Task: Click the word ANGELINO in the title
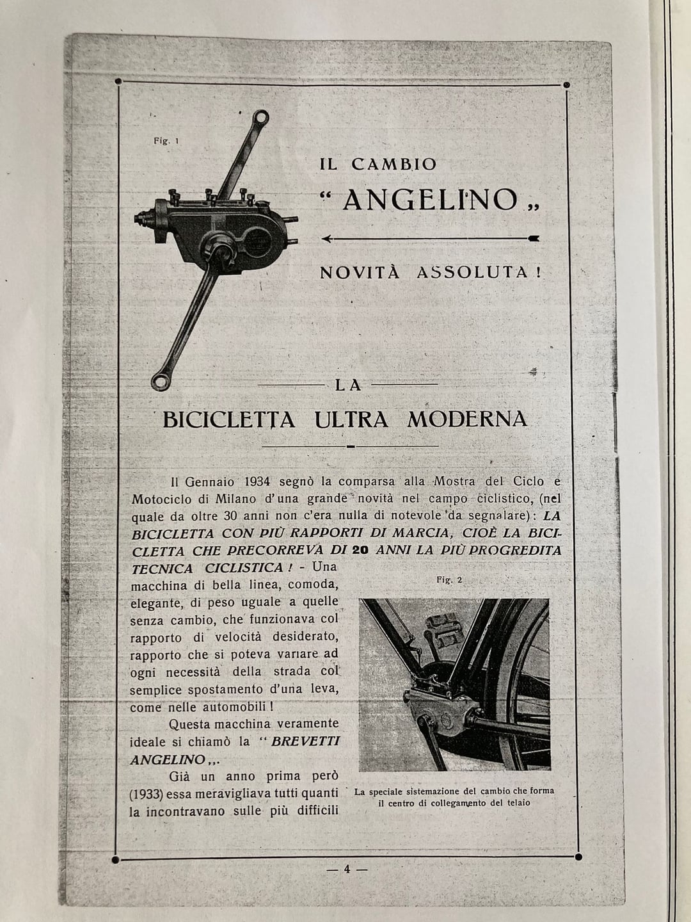430,200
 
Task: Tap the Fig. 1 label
166,142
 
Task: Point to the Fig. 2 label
449,579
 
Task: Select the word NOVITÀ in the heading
360,272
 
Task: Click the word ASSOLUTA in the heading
472,272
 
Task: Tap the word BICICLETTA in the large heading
228,420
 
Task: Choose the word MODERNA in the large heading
467,419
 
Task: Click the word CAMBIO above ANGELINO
393,164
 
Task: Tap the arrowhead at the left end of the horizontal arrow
326,239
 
